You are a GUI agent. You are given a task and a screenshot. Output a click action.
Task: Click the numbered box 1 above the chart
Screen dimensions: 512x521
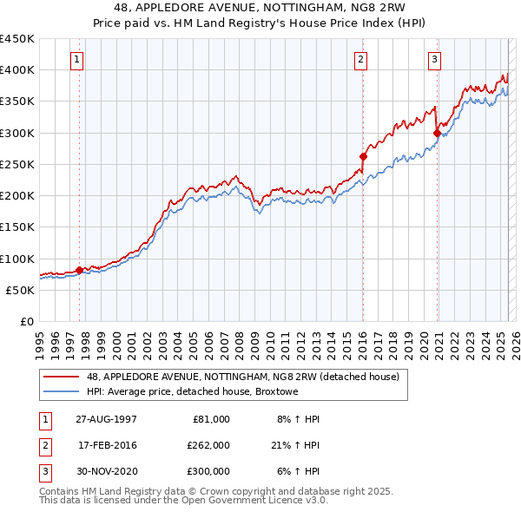(x=77, y=60)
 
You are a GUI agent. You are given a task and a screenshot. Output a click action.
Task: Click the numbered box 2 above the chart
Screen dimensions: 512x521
(x=359, y=60)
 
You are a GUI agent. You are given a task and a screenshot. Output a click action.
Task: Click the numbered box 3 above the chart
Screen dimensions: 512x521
(x=434, y=60)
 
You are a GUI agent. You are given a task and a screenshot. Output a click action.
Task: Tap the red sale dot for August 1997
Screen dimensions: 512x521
(x=79, y=270)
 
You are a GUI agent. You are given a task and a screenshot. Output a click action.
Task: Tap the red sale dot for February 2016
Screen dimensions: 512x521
(x=363, y=157)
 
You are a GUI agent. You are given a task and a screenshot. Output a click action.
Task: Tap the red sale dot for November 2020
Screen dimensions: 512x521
(x=437, y=133)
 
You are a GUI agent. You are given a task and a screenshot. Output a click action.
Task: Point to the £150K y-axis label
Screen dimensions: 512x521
(x=17, y=227)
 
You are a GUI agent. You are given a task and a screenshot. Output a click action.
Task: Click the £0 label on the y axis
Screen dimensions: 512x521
(x=26, y=322)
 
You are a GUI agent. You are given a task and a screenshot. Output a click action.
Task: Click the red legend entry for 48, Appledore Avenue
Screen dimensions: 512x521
(x=242, y=377)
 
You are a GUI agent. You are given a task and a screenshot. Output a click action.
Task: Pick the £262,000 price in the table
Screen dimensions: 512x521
(x=209, y=445)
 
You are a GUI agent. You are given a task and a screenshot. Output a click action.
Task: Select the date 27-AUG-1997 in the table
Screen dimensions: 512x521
(x=106, y=419)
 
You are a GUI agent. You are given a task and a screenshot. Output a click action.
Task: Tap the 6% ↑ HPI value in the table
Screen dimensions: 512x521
(x=296, y=471)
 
